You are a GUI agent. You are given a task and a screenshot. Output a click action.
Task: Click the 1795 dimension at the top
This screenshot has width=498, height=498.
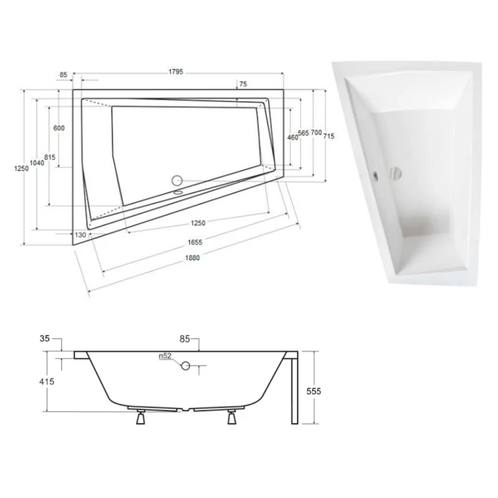(x=176, y=72)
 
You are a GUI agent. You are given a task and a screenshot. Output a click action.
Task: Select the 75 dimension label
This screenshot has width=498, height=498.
(x=243, y=84)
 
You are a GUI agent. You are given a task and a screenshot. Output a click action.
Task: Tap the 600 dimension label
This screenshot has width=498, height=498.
(x=59, y=128)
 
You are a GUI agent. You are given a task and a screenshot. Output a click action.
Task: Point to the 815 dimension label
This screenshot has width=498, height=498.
(x=50, y=157)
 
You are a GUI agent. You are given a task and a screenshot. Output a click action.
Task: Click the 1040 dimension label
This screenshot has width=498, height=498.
(x=37, y=163)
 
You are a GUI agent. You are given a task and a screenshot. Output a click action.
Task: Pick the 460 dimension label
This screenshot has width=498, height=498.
(x=293, y=137)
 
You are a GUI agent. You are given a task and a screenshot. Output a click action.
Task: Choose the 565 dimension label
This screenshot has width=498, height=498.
(x=304, y=133)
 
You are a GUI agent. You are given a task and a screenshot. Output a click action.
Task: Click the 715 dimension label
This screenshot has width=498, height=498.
(x=329, y=136)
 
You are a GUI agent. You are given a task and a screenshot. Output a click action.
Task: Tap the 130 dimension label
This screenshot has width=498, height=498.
(x=80, y=235)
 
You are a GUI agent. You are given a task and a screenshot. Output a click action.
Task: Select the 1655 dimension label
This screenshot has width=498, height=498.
(x=194, y=242)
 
